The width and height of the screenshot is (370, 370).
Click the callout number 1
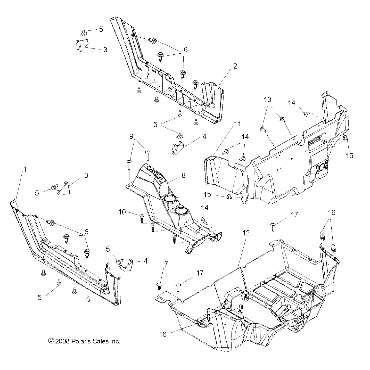[25, 169]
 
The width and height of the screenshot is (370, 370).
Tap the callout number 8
[183, 176]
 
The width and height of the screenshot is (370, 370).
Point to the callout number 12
[246, 233]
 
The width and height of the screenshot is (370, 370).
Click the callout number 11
[237, 124]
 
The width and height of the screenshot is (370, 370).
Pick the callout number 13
[268, 100]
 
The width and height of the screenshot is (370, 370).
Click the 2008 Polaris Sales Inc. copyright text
[84, 341]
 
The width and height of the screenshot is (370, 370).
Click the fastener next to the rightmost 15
[345, 138]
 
